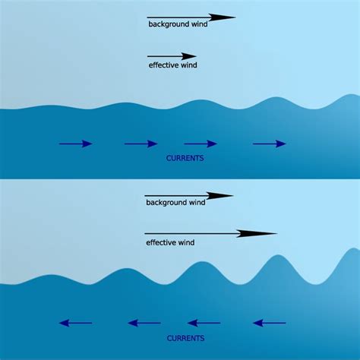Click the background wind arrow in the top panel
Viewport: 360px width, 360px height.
coord(191,17)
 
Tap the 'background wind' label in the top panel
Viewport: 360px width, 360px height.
coord(177,25)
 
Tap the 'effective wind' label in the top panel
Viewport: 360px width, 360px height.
coord(173,65)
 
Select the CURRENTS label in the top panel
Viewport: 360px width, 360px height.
coord(185,158)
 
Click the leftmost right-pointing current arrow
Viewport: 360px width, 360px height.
coord(76,144)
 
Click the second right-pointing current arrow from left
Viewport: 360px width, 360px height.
coord(141,144)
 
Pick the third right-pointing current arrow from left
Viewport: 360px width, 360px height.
coord(201,144)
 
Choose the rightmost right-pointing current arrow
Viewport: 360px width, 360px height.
coord(270,144)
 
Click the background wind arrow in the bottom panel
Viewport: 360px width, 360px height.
coord(188,195)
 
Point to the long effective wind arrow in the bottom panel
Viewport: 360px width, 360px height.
coord(209,233)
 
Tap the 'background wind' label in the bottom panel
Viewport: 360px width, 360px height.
coord(175,204)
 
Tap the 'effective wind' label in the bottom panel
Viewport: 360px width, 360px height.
coord(170,243)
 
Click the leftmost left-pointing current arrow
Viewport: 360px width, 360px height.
coord(76,323)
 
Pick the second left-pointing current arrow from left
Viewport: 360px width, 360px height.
coord(144,323)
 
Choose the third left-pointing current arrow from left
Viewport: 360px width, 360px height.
coord(204,323)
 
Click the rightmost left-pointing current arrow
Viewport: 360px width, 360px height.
coord(270,323)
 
